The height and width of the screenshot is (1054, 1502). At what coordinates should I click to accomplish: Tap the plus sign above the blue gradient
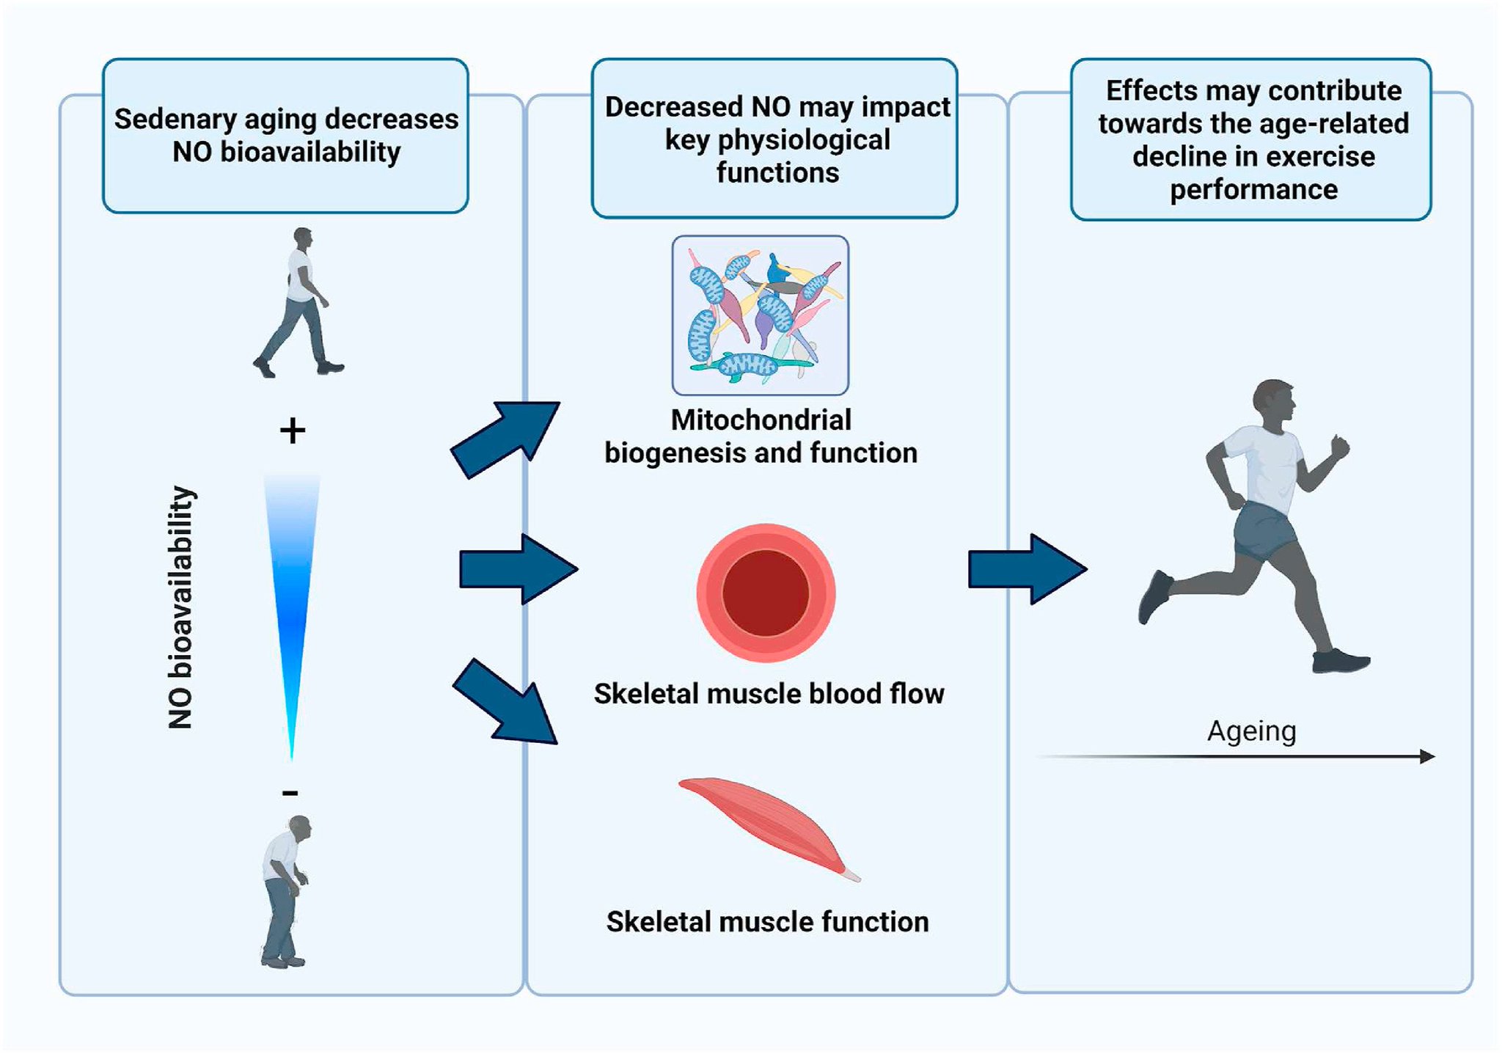point(293,431)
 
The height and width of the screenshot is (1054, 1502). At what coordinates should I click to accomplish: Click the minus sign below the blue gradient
point(290,793)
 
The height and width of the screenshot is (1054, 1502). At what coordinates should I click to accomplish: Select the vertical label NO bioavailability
point(180,607)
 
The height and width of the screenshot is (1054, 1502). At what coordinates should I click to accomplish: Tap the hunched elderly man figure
point(285,891)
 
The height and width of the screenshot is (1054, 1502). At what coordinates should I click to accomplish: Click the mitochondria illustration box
point(761,315)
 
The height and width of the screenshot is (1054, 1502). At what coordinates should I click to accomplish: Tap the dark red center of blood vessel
point(766,593)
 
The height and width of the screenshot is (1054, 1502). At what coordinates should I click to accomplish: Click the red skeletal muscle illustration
point(766,825)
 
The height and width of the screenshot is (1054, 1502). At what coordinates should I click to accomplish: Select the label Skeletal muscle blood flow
point(769,694)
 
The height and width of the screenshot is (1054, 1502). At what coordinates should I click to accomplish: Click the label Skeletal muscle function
point(767,922)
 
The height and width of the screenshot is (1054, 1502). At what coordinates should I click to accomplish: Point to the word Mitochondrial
point(761,420)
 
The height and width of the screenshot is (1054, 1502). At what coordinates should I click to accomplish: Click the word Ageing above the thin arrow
point(1251,731)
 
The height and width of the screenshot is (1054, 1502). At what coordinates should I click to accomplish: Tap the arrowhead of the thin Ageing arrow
point(1426,756)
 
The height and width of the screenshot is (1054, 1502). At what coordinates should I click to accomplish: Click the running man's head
point(1275,406)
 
